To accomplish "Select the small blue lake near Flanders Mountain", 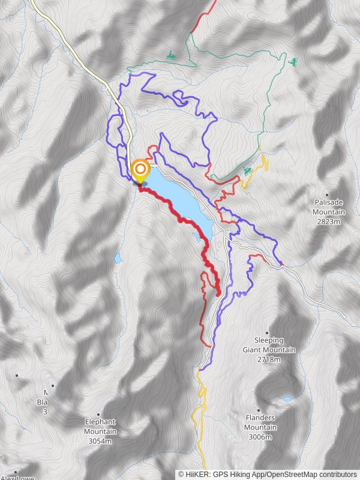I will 287,398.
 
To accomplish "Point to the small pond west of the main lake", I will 118,259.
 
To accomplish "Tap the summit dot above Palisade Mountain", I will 327,194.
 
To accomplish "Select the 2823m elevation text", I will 329,221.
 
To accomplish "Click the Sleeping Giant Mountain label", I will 269,345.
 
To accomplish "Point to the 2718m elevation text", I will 269,359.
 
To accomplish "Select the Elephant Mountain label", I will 100,427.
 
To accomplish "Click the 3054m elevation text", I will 100,441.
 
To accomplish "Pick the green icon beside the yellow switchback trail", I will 248,172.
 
